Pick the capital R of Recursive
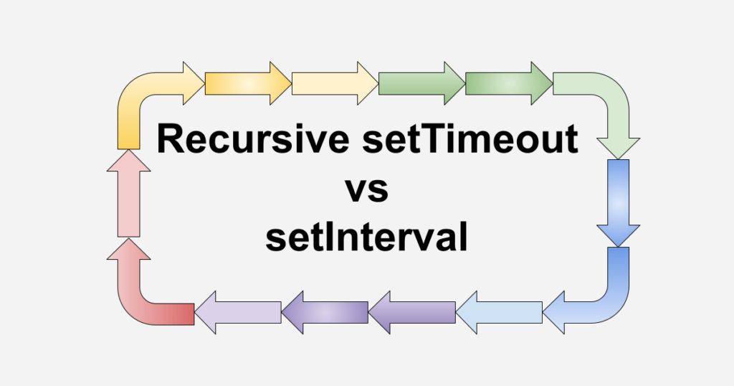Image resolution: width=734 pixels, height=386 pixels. [x=170, y=139]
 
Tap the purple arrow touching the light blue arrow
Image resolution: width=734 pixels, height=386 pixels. [x=412, y=312]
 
